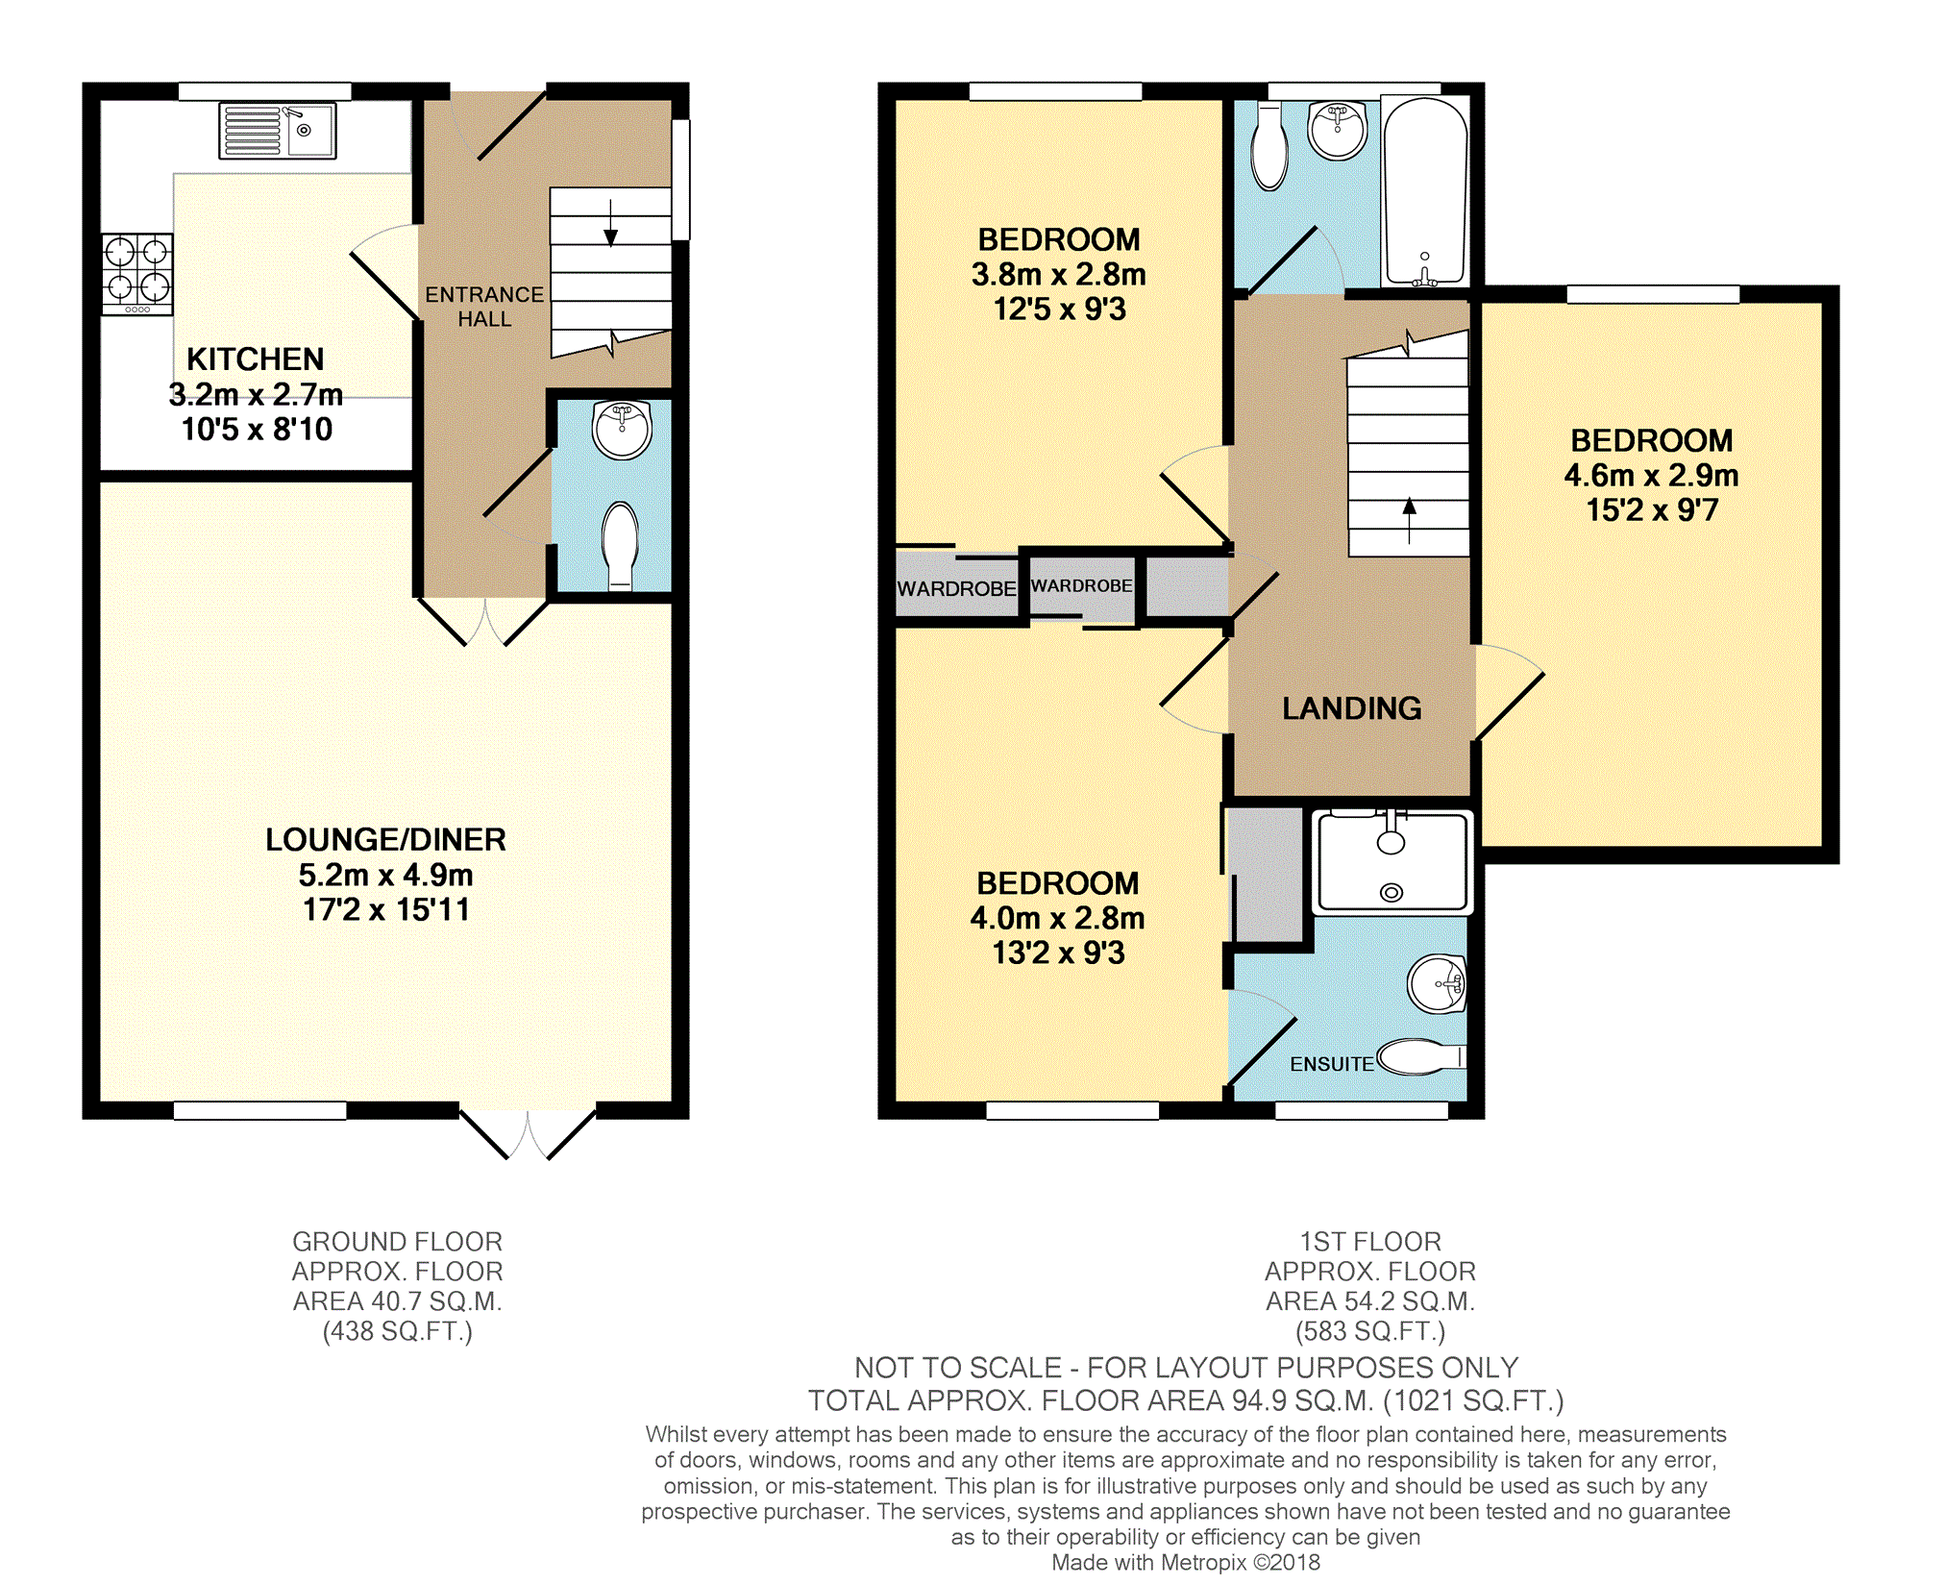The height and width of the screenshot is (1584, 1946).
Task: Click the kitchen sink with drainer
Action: click(278, 130)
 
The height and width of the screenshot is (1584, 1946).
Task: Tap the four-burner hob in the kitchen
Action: click(137, 275)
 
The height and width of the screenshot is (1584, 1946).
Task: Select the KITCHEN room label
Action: click(256, 359)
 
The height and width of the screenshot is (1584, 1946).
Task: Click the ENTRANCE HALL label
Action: click(484, 307)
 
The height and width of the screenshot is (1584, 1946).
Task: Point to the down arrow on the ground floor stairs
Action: click(610, 223)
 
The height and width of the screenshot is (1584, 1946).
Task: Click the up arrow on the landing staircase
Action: click(1409, 520)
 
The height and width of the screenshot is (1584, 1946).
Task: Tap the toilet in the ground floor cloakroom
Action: click(621, 545)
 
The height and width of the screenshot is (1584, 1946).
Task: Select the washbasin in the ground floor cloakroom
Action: click(623, 429)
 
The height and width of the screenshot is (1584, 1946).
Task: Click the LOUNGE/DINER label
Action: click(385, 840)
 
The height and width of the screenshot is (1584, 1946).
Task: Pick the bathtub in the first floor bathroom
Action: click(1425, 191)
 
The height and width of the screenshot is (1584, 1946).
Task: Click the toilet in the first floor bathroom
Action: click(1270, 150)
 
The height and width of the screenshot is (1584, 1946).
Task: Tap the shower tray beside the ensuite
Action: click(1392, 861)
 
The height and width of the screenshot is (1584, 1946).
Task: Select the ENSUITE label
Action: click(1332, 1064)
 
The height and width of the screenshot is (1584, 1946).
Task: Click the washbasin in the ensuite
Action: click(1437, 983)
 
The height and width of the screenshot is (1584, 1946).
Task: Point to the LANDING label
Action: click(1352, 708)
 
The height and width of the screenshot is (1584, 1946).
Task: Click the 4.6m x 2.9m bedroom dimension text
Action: click(1651, 475)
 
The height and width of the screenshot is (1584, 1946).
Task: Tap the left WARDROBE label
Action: click(956, 588)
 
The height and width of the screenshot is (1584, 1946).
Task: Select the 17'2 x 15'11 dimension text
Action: click(386, 909)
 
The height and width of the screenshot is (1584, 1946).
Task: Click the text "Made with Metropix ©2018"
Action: click(1186, 1563)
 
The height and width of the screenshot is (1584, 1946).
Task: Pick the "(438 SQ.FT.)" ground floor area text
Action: click(398, 1331)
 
